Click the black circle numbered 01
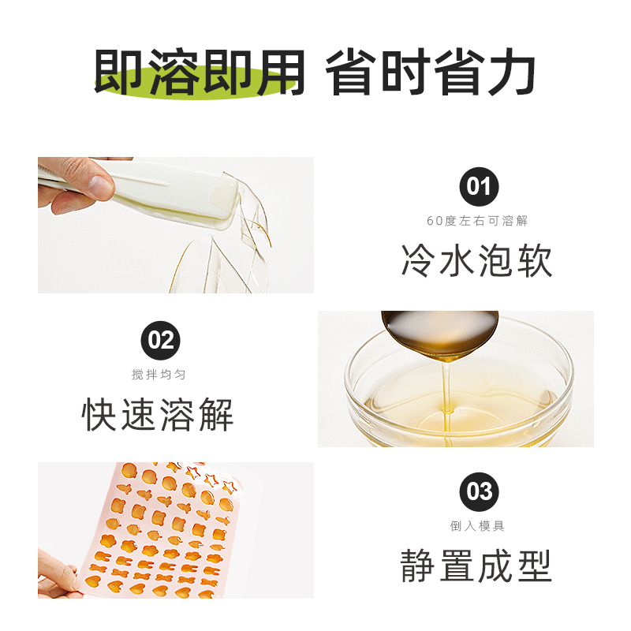coord(479,186)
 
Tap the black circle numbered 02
coord(160,340)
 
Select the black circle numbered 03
coord(479,491)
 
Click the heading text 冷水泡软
coord(477,260)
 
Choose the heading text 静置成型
coord(477,566)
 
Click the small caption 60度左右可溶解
coord(477,222)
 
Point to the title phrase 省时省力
coord(431,73)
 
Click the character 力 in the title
coord(511,73)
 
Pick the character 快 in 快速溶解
coord(101,413)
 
